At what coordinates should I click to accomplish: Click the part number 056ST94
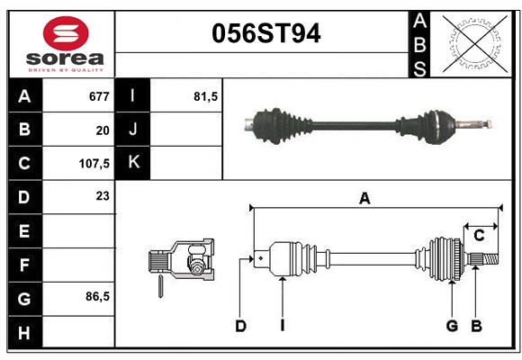[265, 33]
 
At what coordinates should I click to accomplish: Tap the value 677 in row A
[98, 96]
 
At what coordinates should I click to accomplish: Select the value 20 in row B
[102, 130]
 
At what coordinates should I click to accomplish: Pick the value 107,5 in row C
[94, 165]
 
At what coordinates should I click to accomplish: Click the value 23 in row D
[102, 194]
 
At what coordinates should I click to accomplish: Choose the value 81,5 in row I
[206, 96]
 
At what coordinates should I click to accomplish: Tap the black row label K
[133, 163]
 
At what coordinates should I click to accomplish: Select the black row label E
[24, 231]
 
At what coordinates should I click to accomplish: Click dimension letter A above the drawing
[364, 198]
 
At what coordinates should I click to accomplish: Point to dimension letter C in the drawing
[479, 236]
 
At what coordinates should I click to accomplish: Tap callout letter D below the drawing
[240, 326]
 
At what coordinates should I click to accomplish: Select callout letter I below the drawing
[282, 326]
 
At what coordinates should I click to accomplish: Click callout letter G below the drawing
[452, 326]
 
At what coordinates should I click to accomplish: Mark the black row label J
[133, 130]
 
